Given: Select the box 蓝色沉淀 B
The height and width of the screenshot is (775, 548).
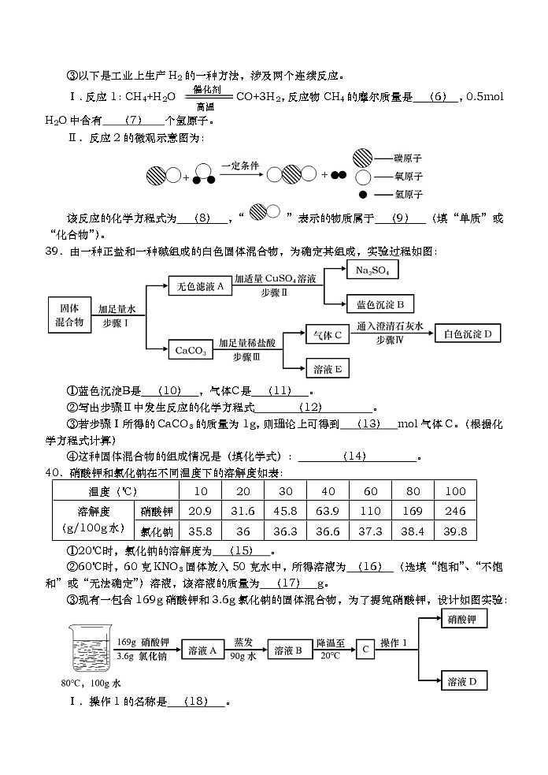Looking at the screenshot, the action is tap(380, 304).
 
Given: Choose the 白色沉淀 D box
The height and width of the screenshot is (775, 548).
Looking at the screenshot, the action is tap(468, 334).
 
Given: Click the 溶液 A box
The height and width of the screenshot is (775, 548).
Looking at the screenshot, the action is tap(202, 651).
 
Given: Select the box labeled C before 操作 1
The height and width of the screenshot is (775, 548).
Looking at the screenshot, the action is tap(365, 650).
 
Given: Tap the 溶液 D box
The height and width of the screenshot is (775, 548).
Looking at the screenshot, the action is tap(463, 681).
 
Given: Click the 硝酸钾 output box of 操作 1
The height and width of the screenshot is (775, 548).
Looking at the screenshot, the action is tap(463, 619).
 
